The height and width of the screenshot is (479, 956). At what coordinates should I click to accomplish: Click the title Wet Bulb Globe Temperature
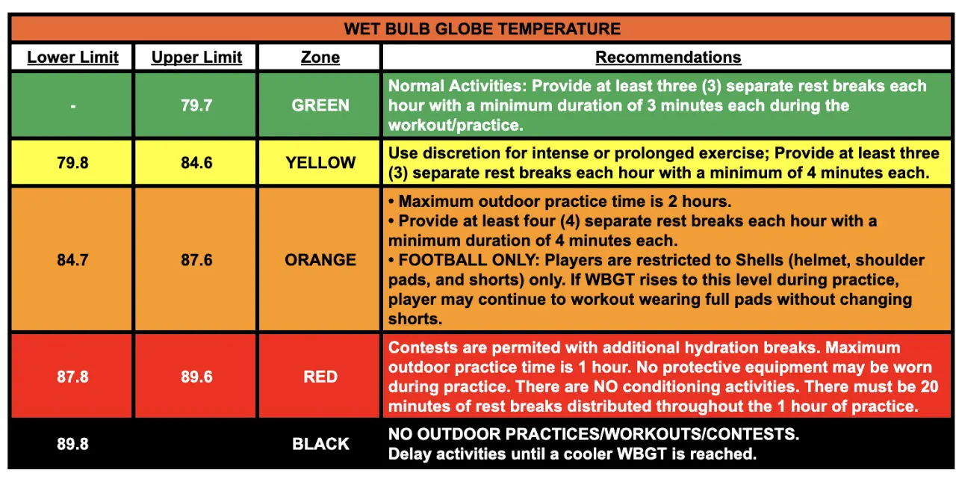(482, 28)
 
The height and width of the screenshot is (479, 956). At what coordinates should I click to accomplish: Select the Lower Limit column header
(72, 58)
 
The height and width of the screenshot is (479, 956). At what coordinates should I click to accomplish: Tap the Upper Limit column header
(196, 58)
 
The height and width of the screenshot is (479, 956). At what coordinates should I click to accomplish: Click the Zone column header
(320, 58)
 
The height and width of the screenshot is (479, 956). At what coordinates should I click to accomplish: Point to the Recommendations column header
(668, 58)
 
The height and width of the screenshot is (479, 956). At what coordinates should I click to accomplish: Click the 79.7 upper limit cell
(196, 105)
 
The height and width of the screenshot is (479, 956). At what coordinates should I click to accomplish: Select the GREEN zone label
(320, 105)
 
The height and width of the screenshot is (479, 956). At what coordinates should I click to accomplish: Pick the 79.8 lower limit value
(72, 163)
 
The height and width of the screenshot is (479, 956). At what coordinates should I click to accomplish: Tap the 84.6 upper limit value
(196, 163)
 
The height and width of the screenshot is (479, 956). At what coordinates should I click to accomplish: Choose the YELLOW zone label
(320, 163)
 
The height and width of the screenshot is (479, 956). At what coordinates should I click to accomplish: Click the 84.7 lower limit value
(72, 260)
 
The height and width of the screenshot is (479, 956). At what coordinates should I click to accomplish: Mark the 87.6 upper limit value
(196, 260)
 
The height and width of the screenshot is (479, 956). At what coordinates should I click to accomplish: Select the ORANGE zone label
(320, 260)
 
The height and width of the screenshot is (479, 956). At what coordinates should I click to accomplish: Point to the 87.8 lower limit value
(72, 377)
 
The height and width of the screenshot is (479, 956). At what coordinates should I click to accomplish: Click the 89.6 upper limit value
(196, 377)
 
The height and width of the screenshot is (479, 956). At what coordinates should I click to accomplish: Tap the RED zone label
(320, 377)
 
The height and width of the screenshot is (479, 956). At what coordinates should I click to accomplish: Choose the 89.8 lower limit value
(72, 444)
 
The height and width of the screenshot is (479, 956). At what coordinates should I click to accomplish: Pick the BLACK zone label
(320, 444)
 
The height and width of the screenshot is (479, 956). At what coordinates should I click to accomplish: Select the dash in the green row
(73, 106)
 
